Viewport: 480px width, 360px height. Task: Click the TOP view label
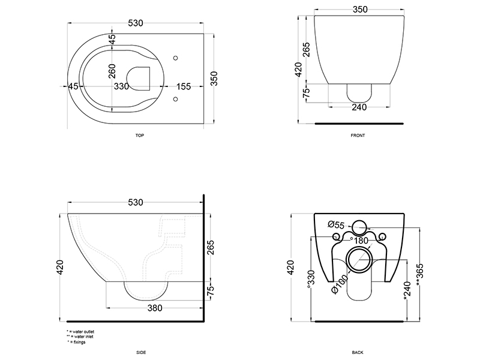pos(140,136)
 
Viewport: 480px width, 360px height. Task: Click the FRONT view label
pos(358,136)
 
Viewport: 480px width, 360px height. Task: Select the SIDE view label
pos(141,353)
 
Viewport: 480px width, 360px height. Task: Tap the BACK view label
pos(358,353)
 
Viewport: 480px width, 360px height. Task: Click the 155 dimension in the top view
pos(184,86)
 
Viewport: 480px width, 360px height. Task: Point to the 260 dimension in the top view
pos(112,71)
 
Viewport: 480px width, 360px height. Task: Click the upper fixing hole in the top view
pos(175,58)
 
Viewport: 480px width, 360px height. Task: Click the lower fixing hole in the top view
pos(175,99)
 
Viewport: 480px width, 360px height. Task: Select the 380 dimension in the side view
pos(155,308)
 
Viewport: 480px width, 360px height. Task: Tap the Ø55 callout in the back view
pos(336,225)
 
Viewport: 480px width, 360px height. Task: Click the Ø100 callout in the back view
pos(340,284)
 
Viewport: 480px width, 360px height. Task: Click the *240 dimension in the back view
pos(407,290)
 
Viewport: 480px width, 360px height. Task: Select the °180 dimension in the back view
pos(359,241)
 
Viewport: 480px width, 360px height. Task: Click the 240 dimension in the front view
pos(359,107)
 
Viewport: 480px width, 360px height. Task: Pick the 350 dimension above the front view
pos(360,10)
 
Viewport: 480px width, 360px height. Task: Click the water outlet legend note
pos(80,332)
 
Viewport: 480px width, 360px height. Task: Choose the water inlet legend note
pos(80,337)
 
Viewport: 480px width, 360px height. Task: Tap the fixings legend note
pos(77,342)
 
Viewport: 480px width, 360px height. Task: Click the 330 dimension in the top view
pos(122,86)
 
